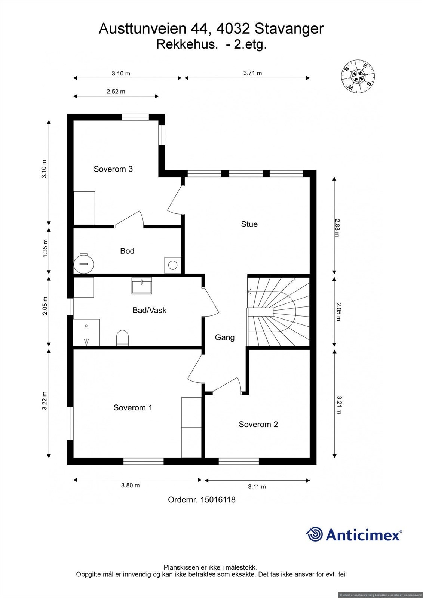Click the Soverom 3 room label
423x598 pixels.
[x=113, y=169]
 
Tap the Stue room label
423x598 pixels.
[x=249, y=224]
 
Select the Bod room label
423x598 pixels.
[x=127, y=251]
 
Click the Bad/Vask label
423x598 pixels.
[x=149, y=310]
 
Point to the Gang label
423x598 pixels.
[x=224, y=337]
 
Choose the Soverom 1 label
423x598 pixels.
[x=133, y=407]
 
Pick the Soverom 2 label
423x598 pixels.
[x=258, y=424]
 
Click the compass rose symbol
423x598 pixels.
[x=358, y=77]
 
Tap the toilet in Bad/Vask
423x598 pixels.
[x=122, y=338]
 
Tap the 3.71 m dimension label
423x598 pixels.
[x=252, y=73]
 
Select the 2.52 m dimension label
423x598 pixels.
[x=116, y=91]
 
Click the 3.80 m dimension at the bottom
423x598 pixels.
[x=130, y=485]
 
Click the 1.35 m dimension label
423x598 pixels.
[x=45, y=248]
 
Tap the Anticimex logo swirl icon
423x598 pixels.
[x=314, y=534]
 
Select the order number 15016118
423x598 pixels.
[x=218, y=499]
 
